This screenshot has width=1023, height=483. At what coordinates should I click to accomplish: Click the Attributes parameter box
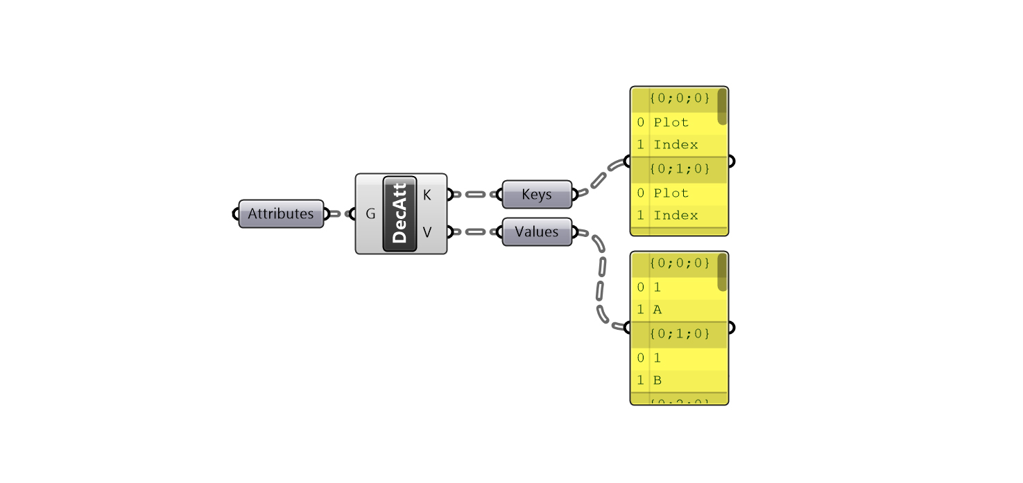coord(281,214)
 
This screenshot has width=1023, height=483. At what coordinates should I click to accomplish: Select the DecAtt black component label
coord(399,214)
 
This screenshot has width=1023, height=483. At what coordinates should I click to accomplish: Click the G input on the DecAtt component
coord(370,214)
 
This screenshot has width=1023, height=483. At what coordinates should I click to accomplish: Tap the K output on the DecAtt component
coord(427,195)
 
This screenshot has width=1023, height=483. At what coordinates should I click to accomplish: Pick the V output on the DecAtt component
coord(427,232)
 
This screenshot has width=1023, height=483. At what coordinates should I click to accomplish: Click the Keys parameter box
coord(536,195)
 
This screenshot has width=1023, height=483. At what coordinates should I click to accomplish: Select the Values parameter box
coord(536,232)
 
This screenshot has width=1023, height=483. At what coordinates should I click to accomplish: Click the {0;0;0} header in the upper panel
coord(680,99)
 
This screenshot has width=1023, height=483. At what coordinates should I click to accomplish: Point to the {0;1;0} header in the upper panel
coord(680,170)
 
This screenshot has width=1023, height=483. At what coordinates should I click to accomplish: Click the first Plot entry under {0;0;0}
coord(671,123)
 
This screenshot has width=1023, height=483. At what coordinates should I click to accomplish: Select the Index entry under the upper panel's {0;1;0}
coord(676,216)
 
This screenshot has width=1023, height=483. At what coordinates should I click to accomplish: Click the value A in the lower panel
coord(657,310)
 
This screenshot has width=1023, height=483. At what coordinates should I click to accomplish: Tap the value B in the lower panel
coord(657,380)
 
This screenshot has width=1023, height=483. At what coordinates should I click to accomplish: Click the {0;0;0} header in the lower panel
coord(680,263)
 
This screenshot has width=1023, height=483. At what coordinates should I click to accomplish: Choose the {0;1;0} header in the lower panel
coord(680,334)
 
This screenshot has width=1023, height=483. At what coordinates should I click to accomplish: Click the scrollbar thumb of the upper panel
coord(722,107)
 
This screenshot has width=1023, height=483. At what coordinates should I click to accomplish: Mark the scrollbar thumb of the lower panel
coord(722,272)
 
